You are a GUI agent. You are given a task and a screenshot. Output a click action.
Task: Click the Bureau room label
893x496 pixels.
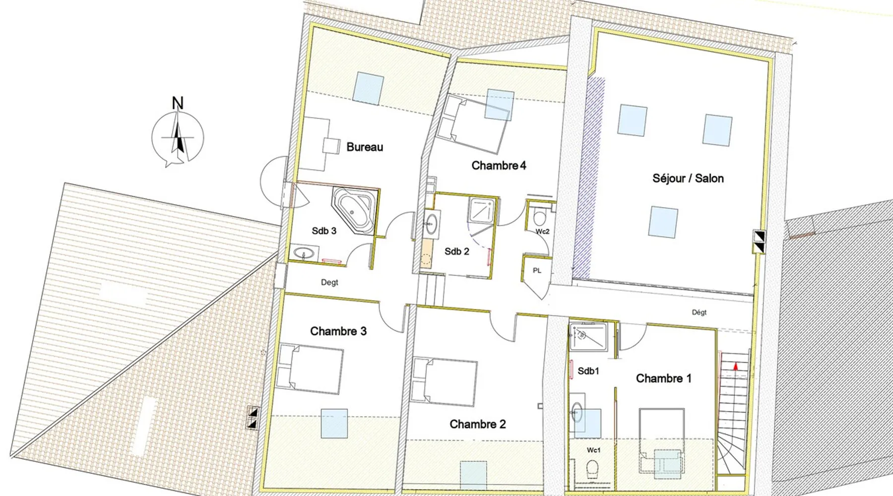click(x=365, y=147)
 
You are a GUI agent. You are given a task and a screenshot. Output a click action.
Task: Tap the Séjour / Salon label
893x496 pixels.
click(x=688, y=178)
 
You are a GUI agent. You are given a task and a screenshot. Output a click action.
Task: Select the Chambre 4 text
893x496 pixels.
click(x=499, y=165)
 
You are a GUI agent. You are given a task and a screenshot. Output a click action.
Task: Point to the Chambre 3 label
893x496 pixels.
click(x=338, y=331)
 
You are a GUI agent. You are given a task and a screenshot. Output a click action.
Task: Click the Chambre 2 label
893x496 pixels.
click(x=478, y=424)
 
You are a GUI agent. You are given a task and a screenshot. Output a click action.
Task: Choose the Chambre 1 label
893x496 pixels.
click(x=664, y=378)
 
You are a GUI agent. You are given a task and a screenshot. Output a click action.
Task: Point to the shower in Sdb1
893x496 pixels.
click(x=588, y=337)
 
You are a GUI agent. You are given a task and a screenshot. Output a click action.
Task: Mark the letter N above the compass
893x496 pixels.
click(x=178, y=103)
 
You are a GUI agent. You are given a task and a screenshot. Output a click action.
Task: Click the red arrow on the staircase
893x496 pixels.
click(x=735, y=366)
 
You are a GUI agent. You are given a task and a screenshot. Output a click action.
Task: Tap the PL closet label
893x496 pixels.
click(x=537, y=271)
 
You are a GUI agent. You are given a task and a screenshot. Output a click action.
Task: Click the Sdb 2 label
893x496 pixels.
click(x=457, y=251)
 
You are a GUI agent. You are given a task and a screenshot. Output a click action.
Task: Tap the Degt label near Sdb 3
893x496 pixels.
click(x=329, y=282)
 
